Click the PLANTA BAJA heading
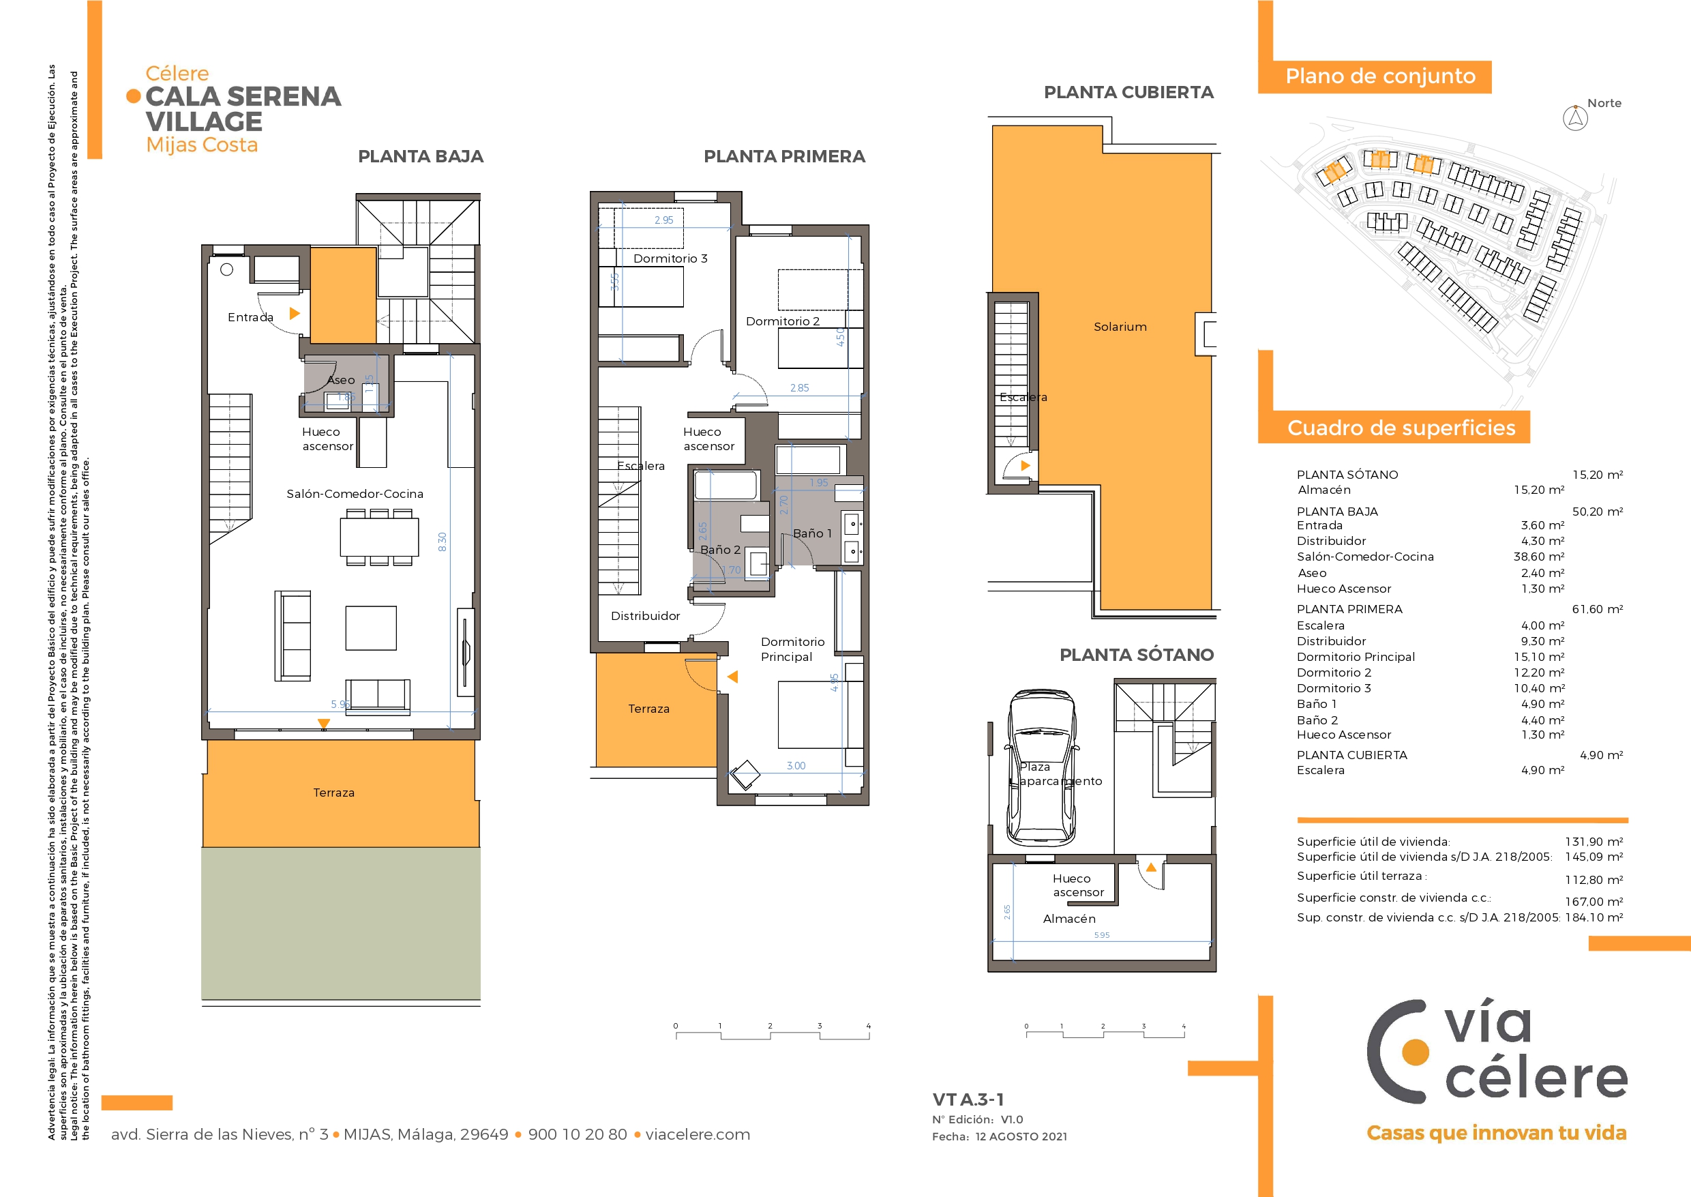(x=421, y=156)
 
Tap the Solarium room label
(x=1120, y=327)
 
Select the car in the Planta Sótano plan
(x=1041, y=767)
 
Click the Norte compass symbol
(x=1575, y=118)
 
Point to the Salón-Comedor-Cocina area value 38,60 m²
(x=1538, y=557)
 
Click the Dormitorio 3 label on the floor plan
(x=670, y=258)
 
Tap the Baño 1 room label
(x=812, y=533)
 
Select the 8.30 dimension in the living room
(x=442, y=542)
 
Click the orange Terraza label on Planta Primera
(x=648, y=709)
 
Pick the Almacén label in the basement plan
(x=1069, y=919)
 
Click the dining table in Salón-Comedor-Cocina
(x=378, y=537)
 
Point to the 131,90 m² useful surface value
(x=1593, y=842)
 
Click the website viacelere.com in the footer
(x=698, y=1134)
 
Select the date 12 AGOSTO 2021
(x=1021, y=1136)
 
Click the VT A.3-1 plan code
(x=968, y=1099)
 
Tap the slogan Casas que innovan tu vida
(x=1497, y=1133)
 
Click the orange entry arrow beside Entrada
(x=295, y=313)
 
